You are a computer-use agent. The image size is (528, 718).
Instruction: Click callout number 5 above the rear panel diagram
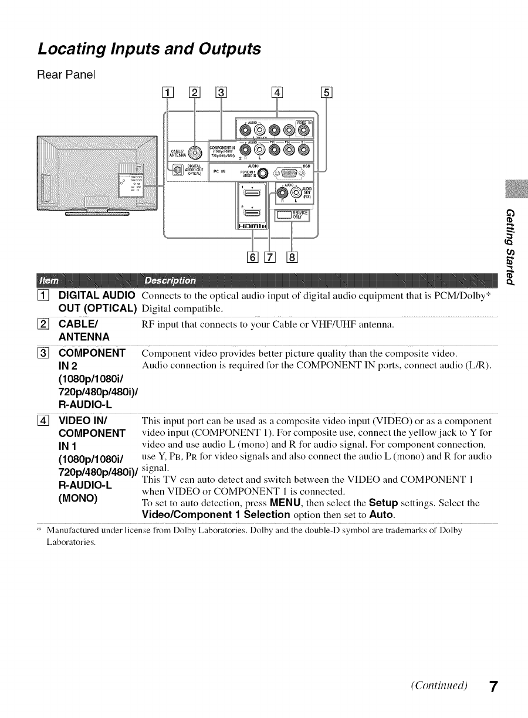click(327, 92)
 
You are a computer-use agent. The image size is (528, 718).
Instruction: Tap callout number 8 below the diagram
click(292, 256)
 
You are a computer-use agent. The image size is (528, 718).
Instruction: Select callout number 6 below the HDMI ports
click(253, 256)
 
